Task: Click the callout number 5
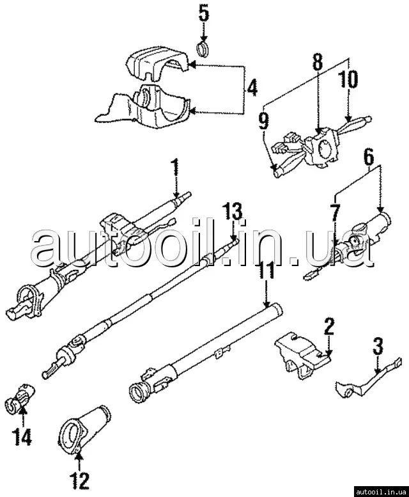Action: (204, 12)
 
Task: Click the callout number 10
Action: (349, 79)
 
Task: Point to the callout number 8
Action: (318, 63)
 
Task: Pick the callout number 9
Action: (263, 120)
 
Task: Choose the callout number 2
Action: (328, 327)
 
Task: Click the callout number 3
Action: (378, 348)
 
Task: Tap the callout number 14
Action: (22, 439)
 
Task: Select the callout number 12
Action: (80, 478)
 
